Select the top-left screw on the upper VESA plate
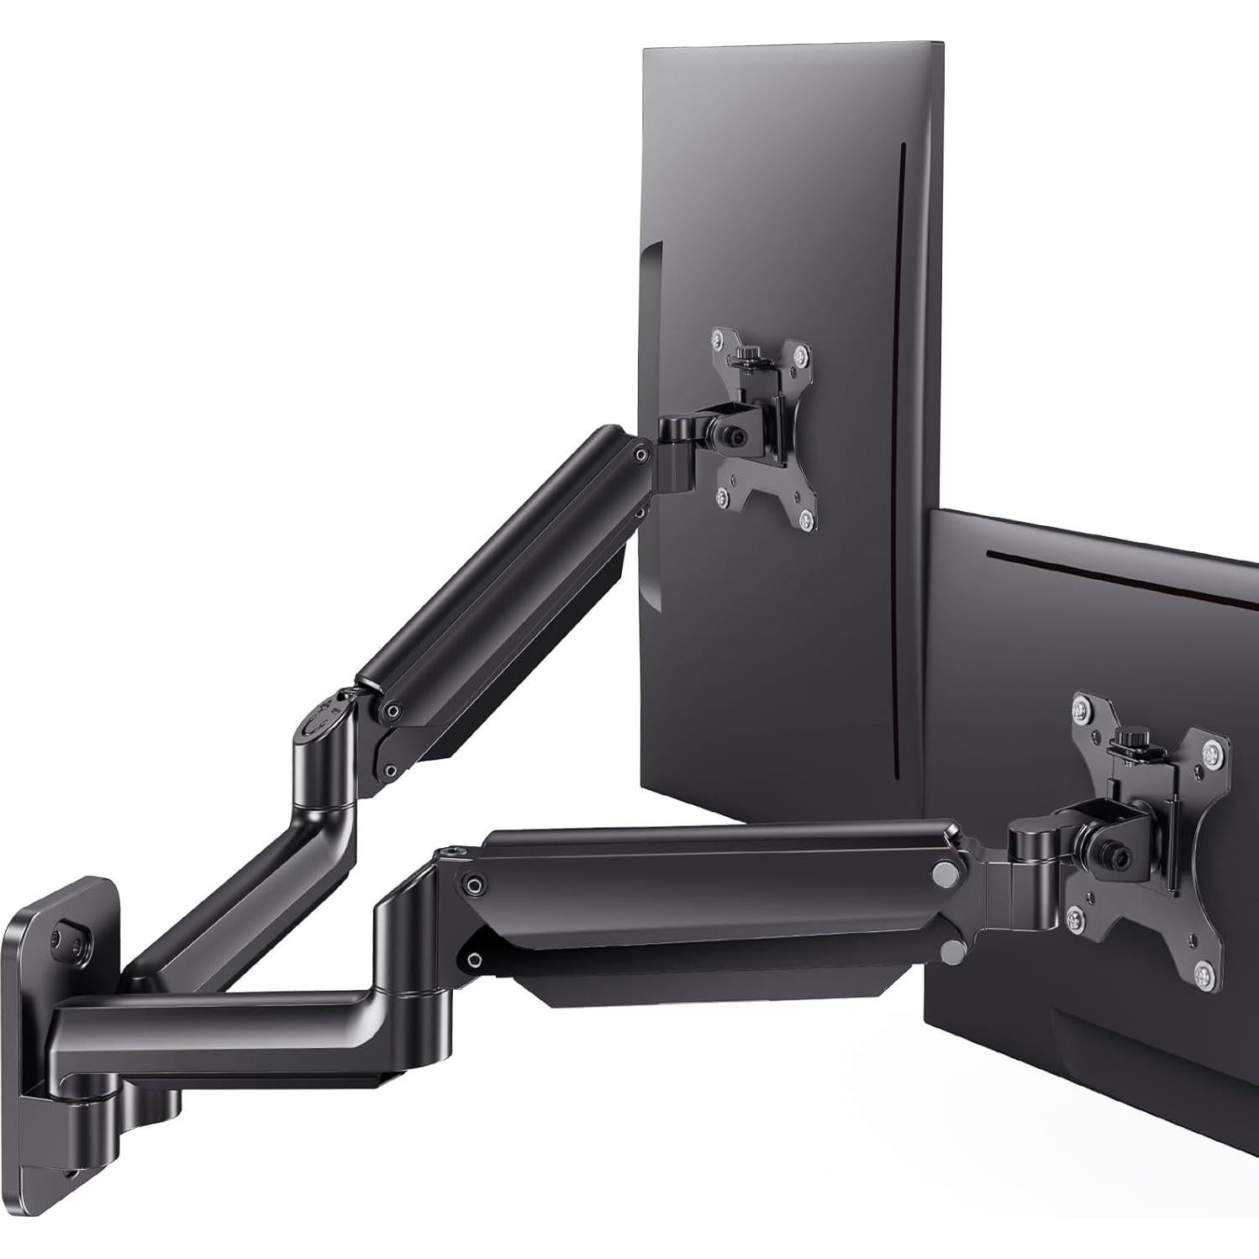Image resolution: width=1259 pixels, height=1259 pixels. (x=716, y=337)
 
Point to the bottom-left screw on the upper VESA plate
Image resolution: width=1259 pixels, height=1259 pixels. (x=724, y=499)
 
